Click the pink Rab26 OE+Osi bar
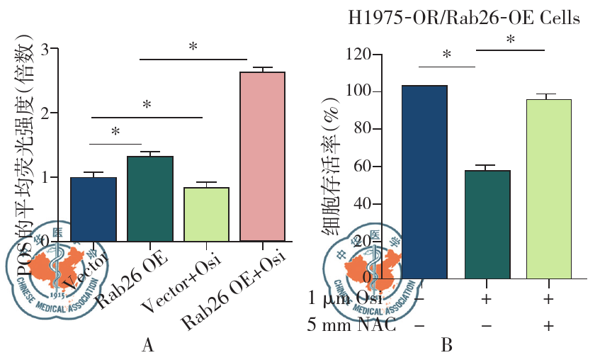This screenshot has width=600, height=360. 262,156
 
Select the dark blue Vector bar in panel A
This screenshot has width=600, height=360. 94,208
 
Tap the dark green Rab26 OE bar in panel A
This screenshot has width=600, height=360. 149,198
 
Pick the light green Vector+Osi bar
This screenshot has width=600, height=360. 206,213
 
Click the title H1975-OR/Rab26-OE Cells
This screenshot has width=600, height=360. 464,19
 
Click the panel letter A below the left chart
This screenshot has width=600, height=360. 147,345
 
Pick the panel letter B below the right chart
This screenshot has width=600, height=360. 446,345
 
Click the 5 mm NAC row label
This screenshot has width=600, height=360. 352,327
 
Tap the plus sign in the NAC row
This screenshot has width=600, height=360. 548,327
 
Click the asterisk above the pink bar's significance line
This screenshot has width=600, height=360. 193,47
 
